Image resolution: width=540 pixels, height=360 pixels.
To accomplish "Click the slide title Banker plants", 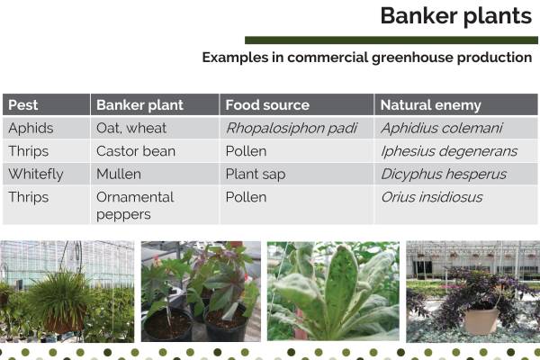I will click(x=454, y=16).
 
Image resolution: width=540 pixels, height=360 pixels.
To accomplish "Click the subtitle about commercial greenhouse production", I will click(x=366, y=58).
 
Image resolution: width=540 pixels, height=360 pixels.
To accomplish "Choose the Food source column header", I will click(x=267, y=105).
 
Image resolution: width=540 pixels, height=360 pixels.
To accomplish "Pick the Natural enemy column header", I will click(x=431, y=105).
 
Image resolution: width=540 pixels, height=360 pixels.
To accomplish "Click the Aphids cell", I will click(x=31, y=129).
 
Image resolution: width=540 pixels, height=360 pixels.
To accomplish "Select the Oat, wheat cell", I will click(x=131, y=129).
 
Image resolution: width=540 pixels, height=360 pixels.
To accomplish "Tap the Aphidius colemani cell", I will click(x=441, y=129).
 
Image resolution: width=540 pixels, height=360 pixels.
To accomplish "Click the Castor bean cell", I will click(x=136, y=151).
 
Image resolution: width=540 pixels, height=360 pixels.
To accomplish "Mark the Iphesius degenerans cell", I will click(x=448, y=151).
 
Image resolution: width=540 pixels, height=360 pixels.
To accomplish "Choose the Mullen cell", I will click(x=119, y=174).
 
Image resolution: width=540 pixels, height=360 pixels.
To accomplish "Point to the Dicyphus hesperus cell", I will click(x=443, y=174).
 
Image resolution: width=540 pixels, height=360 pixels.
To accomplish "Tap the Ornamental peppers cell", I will click(x=135, y=205).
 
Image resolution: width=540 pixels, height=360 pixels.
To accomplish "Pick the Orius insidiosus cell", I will click(x=431, y=197).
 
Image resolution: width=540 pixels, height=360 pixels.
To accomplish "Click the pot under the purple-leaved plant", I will click(x=481, y=320).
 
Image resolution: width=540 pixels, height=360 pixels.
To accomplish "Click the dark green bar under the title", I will click(x=391, y=40).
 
